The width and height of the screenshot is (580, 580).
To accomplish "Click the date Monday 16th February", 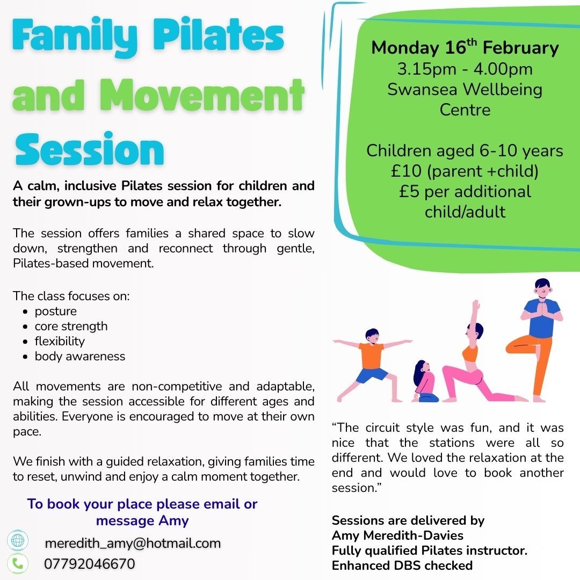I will pyautogui.click(x=465, y=48).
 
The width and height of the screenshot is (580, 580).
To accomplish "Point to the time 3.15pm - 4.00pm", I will pyautogui.click(x=465, y=69).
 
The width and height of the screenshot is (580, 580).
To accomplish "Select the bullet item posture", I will pyautogui.click(x=55, y=311).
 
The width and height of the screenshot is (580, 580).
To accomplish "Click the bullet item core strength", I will pyautogui.click(x=71, y=327).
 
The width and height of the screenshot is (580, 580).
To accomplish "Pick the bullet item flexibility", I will pyautogui.click(x=60, y=342).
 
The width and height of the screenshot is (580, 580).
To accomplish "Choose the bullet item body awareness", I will pyautogui.click(x=79, y=357).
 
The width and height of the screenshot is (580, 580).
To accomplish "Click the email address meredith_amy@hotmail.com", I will pyautogui.click(x=133, y=543).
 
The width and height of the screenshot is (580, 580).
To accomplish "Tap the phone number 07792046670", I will pyautogui.click(x=89, y=564).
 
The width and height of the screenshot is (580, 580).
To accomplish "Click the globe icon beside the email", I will pyautogui.click(x=18, y=541).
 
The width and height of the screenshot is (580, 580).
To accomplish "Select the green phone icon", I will pyautogui.click(x=18, y=563).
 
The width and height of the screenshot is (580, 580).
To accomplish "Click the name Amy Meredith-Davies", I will pyautogui.click(x=397, y=535).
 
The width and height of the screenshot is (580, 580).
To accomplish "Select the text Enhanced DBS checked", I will pyautogui.click(x=402, y=565).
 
